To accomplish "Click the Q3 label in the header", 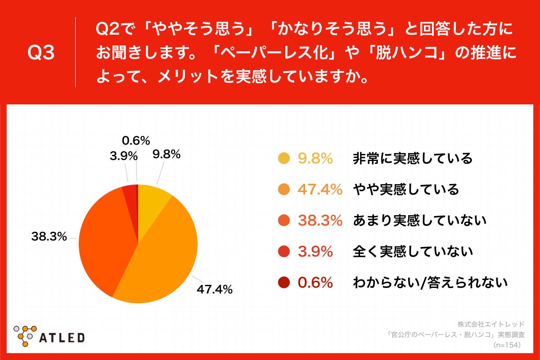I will click(x=41, y=53).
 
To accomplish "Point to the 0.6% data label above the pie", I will click(x=136, y=141).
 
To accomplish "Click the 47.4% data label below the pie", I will click(x=214, y=289).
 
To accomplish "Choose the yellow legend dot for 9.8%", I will click(x=283, y=158).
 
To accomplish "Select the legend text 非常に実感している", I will click(x=413, y=158).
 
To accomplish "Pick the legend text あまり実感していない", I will click(x=419, y=220).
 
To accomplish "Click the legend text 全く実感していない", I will click(x=413, y=252).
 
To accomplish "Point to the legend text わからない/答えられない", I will click(x=430, y=283).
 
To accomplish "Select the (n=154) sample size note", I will click(x=507, y=345).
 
